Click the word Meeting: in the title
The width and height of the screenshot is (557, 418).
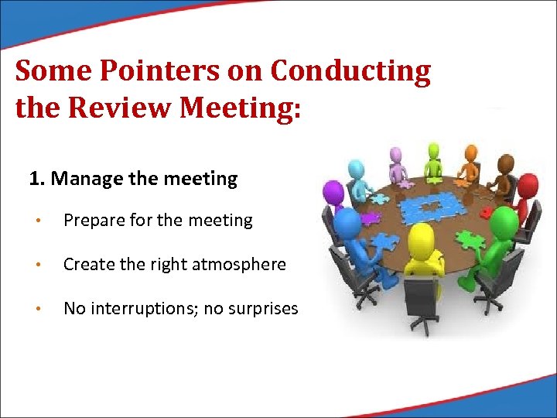[x=239, y=108]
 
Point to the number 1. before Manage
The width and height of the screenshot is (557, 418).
[x=36, y=179]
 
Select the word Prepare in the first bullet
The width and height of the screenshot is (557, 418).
[x=92, y=221]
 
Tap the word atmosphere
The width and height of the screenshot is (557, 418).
[x=240, y=265]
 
